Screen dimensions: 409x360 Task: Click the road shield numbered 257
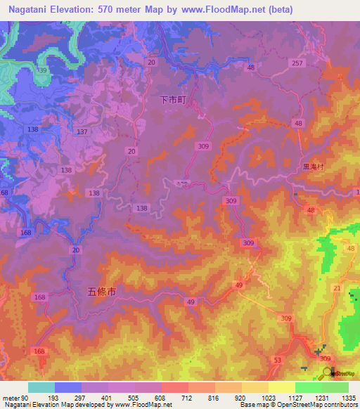coord(297,63)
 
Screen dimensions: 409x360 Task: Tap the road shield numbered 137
coord(82,132)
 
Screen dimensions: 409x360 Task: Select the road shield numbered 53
coord(277,359)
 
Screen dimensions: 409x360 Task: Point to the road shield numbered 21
coord(337,289)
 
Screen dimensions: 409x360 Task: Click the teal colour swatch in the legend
coord(41,387)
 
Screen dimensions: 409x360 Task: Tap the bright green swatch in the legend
coord(308,387)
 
